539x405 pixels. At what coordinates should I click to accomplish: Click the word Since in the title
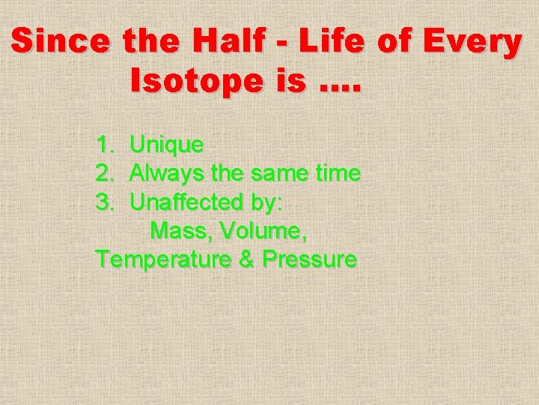(x=59, y=43)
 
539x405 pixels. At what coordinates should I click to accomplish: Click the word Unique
(x=166, y=144)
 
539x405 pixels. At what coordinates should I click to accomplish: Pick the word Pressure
(x=309, y=260)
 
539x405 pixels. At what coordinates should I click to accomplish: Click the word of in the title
(x=398, y=43)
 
